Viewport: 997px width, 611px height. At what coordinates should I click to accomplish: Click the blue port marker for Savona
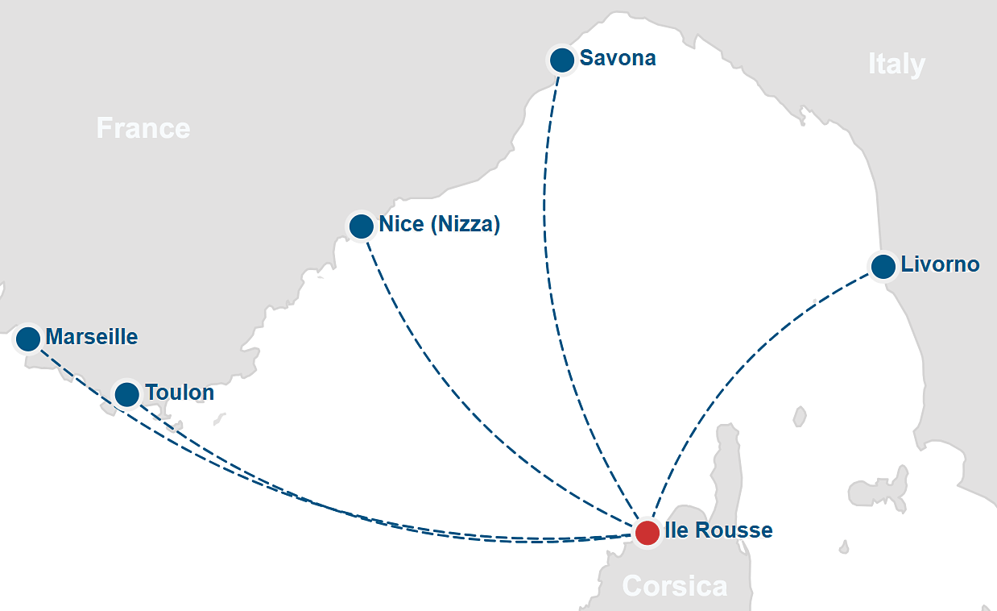(x=561, y=60)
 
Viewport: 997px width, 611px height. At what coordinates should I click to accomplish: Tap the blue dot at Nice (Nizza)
(x=361, y=226)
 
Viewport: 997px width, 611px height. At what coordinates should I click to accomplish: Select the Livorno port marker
(x=883, y=266)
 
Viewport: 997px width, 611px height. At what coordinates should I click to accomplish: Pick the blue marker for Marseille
(x=28, y=339)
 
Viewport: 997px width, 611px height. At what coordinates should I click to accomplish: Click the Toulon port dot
(x=126, y=394)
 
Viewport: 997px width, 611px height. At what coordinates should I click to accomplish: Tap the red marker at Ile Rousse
(x=647, y=532)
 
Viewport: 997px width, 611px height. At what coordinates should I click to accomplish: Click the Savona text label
(x=618, y=58)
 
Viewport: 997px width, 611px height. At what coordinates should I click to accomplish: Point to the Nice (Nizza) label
(x=439, y=224)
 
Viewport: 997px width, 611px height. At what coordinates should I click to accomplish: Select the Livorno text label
(x=940, y=264)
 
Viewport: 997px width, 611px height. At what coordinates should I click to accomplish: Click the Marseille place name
(x=92, y=337)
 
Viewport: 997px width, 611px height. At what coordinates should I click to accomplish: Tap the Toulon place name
(x=180, y=393)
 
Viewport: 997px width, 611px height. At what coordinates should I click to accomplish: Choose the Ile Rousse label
(x=718, y=530)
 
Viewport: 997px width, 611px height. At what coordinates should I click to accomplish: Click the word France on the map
(x=143, y=127)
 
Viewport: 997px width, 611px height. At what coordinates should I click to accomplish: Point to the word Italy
(x=896, y=64)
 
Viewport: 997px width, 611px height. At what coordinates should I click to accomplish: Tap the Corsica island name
(x=675, y=586)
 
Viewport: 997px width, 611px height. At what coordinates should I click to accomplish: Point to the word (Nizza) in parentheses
(x=465, y=224)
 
